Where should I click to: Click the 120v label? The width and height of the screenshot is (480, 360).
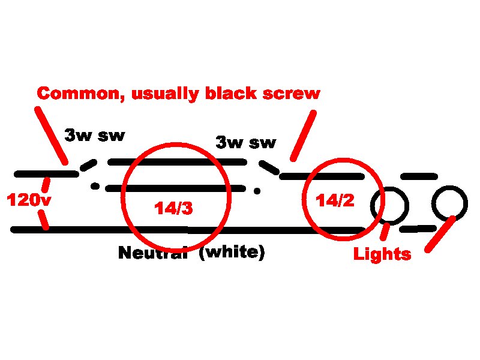pos(28,200)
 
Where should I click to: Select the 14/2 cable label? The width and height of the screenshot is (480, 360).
pos(335,201)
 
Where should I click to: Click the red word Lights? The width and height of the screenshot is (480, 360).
pos(382,254)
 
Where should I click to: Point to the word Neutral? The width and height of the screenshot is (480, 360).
pos(153,253)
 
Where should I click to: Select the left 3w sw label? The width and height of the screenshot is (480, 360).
pos(95,135)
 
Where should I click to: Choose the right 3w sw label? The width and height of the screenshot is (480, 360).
pos(246,143)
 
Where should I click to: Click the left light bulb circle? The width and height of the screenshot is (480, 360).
pos(389,205)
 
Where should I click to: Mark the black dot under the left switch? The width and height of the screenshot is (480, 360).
pos(95,186)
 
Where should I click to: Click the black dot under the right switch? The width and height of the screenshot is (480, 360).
pos(257,191)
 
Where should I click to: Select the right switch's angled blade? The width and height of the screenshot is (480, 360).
pos(268,166)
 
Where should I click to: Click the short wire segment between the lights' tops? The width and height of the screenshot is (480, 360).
pos(418,176)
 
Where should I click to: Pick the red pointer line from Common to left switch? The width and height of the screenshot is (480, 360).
pos(51,135)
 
